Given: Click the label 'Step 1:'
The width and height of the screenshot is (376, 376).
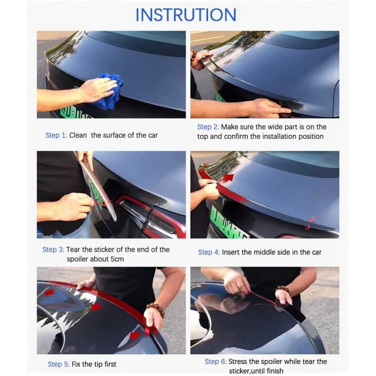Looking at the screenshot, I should point(56,135).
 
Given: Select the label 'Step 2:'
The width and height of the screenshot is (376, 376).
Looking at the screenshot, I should point(208,127).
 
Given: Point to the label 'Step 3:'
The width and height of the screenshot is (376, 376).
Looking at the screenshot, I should point(53,250).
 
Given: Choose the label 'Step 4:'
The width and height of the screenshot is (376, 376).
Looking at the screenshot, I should point(209,252).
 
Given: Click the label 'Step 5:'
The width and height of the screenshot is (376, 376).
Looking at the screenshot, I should point(58,364).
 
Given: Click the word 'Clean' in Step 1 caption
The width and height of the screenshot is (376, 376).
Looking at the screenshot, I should point(78,135).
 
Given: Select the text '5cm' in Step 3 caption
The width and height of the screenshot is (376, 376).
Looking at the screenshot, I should point(115,259).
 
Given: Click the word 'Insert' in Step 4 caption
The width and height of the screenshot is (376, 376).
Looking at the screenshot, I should point(231,252).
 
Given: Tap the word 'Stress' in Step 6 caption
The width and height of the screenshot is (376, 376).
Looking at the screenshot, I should point(239,361).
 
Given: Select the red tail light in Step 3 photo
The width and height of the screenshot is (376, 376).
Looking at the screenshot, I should point(141,214).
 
